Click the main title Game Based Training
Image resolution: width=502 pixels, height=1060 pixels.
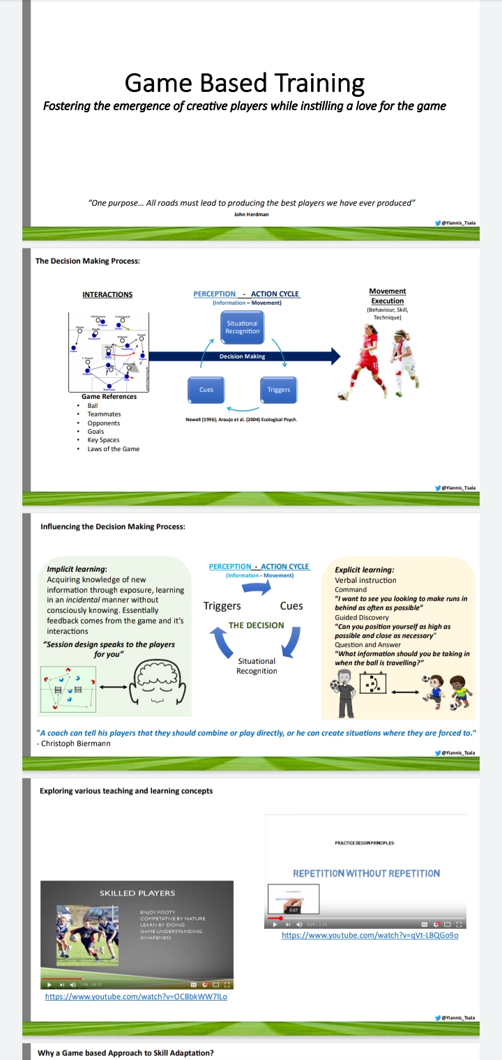tap(245, 83)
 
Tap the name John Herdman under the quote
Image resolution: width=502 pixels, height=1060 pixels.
tap(252, 214)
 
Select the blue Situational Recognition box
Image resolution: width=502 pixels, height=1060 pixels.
tap(243, 327)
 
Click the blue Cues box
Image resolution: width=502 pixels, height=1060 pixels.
tap(206, 390)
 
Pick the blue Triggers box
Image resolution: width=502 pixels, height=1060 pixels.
tap(278, 390)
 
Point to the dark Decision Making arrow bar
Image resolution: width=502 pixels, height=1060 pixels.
tap(243, 356)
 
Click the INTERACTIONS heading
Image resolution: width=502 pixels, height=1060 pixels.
tap(107, 294)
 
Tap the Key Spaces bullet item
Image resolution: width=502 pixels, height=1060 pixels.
tap(103, 440)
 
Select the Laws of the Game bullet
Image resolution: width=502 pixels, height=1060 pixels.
tap(113, 449)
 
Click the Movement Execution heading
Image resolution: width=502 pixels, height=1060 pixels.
tap(387, 296)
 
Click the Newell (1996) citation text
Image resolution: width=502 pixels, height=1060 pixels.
tap(241, 419)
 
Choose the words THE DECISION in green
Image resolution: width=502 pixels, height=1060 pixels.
tap(256, 625)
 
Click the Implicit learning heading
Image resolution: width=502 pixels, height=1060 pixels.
tap(77, 570)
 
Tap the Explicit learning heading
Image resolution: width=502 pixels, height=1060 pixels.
tap(364, 570)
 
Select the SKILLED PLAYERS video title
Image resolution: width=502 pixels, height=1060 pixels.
tap(137, 893)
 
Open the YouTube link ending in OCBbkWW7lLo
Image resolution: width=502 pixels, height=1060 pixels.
tap(136, 997)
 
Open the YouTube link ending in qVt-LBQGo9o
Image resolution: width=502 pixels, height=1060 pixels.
tap(370, 935)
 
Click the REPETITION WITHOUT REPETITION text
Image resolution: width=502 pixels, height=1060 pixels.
tap(366, 873)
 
